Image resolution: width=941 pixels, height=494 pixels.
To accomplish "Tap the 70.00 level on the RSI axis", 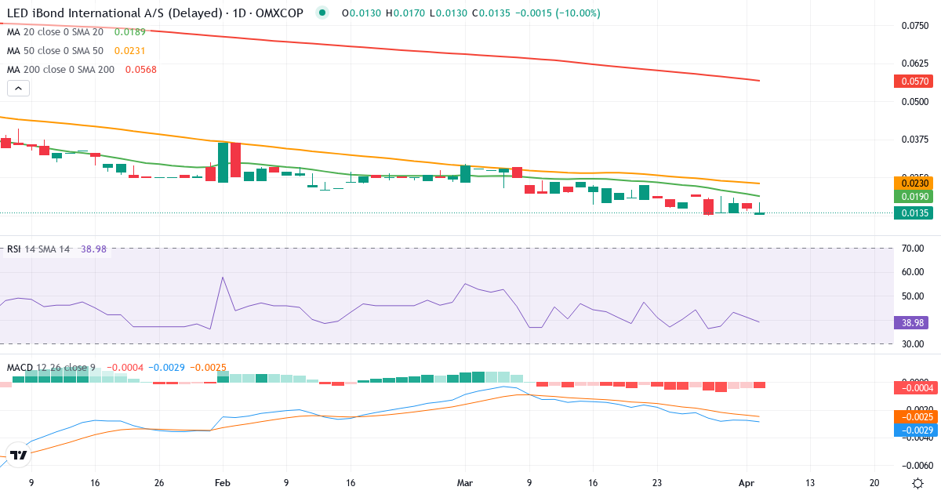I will [912, 249].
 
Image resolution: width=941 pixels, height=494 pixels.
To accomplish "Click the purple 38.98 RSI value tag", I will [912, 321].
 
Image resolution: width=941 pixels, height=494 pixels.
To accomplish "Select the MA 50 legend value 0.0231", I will [129, 50].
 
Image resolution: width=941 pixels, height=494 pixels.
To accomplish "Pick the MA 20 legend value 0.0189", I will [129, 31].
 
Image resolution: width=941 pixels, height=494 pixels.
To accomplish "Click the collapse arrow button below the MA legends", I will [18, 89].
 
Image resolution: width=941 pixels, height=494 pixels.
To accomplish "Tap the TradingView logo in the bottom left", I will [19, 455].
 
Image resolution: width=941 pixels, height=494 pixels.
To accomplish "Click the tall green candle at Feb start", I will [223, 162].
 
